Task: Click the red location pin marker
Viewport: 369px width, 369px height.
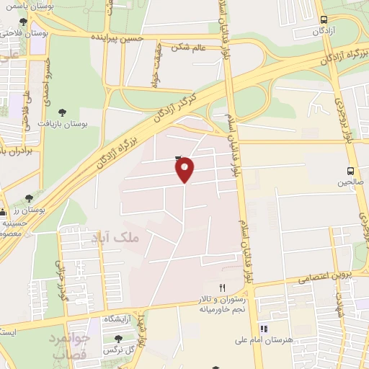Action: click(185, 169)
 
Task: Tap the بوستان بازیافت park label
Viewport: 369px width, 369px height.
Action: click(84, 124)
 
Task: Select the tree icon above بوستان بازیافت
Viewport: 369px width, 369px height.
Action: click(63, 112)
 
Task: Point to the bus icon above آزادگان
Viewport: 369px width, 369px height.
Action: click(324, 20)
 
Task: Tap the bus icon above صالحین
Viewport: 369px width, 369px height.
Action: click(350, 171)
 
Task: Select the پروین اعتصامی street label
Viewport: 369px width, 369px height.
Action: click(325, 276)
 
